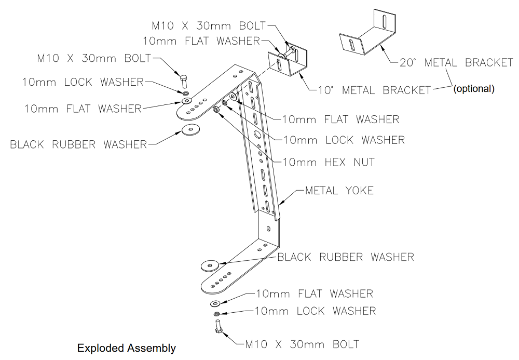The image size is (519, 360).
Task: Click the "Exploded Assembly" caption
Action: pos(126,348)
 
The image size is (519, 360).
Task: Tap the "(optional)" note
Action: pos(474,89)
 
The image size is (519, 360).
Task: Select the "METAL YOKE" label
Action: pos(339,191)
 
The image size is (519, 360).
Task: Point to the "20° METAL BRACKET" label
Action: pos(456,63)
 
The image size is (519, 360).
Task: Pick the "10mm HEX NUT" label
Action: pos(328,162)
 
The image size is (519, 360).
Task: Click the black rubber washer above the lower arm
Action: pos(210,265)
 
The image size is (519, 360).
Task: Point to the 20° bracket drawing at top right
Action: pos(369,35)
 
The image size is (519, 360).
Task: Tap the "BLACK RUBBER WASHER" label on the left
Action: pos(78,144)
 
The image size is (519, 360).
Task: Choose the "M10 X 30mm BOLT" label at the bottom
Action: pos(303,344)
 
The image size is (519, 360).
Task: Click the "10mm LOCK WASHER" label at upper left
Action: pos(83,82)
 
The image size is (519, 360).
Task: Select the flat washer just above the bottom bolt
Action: pos(216,303)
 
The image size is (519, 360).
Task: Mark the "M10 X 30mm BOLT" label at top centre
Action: pos(208,25)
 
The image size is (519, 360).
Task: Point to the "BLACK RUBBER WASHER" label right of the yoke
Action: pos(346,257)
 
